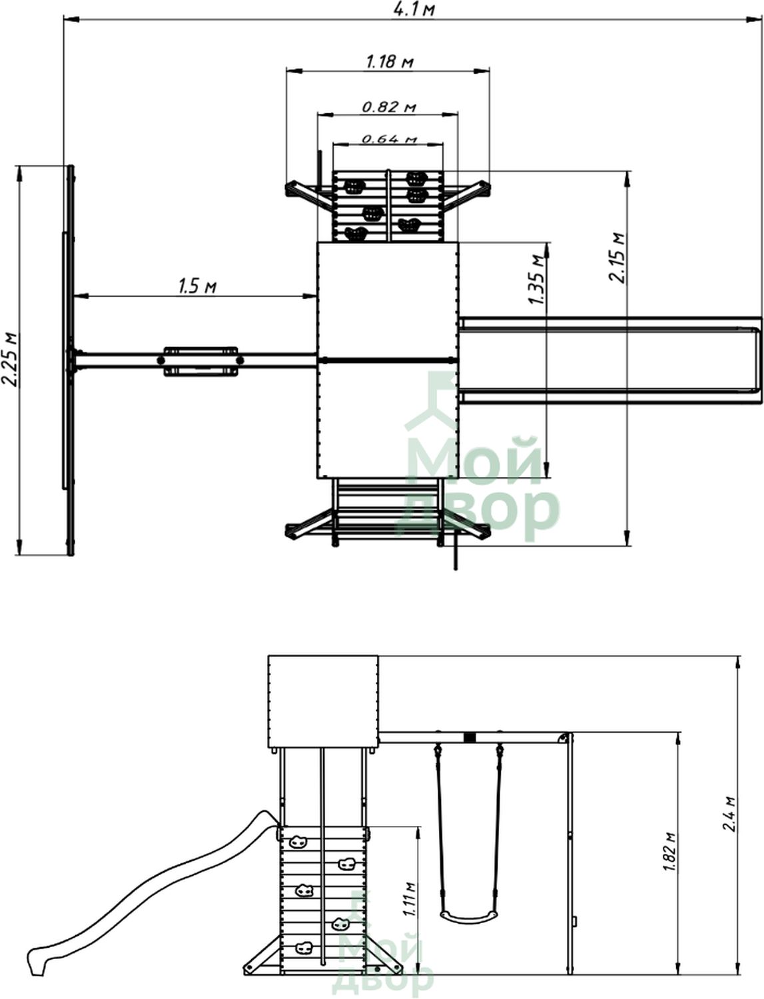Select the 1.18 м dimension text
click(x=390, y=61)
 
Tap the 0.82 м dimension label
click(x=389, y=107)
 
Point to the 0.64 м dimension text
click(x=389, y=139)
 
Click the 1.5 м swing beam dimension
click(x=197, y=286)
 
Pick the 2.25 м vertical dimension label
click(x=9, y=360)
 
